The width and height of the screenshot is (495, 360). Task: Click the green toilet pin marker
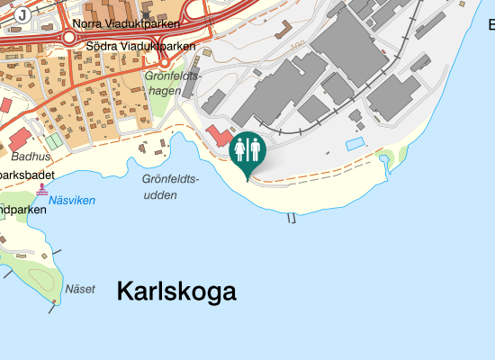(247, 151)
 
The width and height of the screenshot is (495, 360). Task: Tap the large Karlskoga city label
(176, 292)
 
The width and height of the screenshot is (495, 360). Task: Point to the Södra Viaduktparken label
(140, 45)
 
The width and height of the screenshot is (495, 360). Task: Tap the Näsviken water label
(72, 201)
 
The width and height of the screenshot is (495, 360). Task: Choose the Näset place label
(80, 289)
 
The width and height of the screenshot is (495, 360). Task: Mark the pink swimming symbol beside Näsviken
(42, 190)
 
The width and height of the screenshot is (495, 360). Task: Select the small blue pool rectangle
(356, 144)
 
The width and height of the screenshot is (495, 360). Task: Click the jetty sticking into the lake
(291, 219)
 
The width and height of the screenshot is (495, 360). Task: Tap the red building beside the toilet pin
(217, 138)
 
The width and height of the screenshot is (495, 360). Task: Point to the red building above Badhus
(19, 139)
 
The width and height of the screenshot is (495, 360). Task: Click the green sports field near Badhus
(54, 140)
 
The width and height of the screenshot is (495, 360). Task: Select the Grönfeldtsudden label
(170, 185)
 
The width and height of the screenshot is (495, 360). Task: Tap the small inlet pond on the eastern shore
(387, 160)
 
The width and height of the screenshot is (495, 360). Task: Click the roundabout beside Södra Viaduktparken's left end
(68, 37)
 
